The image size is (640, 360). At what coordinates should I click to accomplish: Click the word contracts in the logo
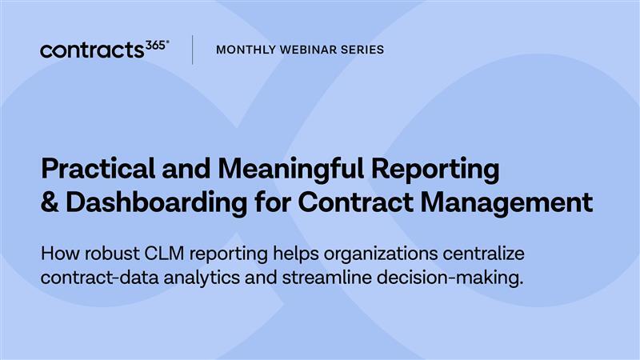tap(93, 50)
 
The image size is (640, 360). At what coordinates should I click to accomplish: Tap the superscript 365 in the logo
tap(158, 45)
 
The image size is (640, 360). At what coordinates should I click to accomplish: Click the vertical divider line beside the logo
tap(192, 50)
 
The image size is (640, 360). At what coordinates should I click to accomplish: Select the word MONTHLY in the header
tap(245, 50)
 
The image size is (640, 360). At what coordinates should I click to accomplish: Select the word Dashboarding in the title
tap(153, 202)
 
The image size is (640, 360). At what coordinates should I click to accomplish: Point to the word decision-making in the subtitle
tap(452, 279)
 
